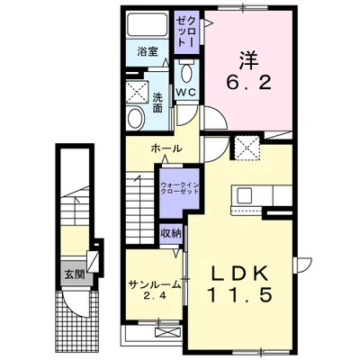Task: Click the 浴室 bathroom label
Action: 148,52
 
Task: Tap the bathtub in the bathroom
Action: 147,24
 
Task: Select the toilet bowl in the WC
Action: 187,72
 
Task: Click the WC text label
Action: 185,93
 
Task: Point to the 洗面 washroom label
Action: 157,103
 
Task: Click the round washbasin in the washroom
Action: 136,118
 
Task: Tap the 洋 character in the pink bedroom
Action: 248,59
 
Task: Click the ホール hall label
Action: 166,148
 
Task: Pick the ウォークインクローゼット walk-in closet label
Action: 179,188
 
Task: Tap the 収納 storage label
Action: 171,233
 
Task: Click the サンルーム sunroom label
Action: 155,284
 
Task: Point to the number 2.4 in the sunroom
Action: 155,297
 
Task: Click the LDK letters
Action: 240,274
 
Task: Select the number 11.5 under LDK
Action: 240,295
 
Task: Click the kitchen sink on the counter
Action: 246,195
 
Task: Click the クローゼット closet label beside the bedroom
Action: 187,31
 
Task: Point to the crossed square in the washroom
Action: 137,92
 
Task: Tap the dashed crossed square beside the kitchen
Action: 247,148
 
